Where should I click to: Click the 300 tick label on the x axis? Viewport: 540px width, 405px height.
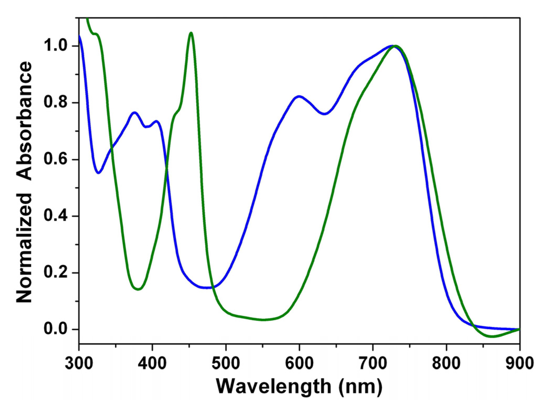click(79, 362)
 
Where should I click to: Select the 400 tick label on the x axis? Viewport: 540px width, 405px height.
click(152, 362)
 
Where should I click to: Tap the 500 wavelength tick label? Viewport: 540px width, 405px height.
click(226, 362)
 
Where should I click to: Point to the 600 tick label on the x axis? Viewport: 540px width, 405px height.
click(300, 362)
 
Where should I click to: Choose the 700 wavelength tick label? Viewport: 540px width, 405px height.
click(373, 362)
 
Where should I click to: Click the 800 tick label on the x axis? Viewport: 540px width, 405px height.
click(447, 362)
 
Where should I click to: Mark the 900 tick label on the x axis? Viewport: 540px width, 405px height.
click(519, 362)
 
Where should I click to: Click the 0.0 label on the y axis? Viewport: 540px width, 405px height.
click(57, 330)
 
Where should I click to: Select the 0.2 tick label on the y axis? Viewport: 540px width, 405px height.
click(57, 273)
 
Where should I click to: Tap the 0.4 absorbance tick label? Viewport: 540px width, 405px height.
click(57, 216)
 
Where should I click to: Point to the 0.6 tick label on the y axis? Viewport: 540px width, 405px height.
click(57, 160)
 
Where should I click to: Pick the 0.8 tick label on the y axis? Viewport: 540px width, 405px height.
click(57, 103)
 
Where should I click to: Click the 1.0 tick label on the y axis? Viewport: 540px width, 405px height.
click(57, 46)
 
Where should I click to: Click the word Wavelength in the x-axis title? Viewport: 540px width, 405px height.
click(276, 387)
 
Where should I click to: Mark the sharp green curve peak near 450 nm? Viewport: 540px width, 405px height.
click(191, 33)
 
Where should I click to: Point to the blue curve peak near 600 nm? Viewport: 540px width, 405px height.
click(300, 96)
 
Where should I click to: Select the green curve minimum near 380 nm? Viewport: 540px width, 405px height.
click(138, 289)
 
